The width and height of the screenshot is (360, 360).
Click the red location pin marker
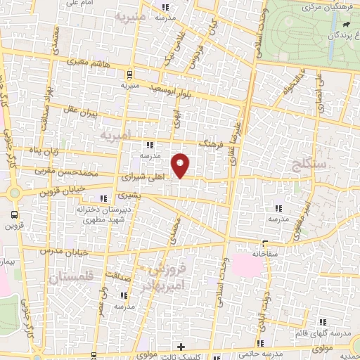coord(181,165)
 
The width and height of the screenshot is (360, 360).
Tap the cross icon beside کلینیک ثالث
coord(181,347)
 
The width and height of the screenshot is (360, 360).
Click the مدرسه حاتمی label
coord(277,352)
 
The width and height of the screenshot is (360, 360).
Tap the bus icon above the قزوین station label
coord(15,214)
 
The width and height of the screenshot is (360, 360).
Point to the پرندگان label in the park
coord(344,34)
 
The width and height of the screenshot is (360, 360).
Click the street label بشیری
coord(129,193)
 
